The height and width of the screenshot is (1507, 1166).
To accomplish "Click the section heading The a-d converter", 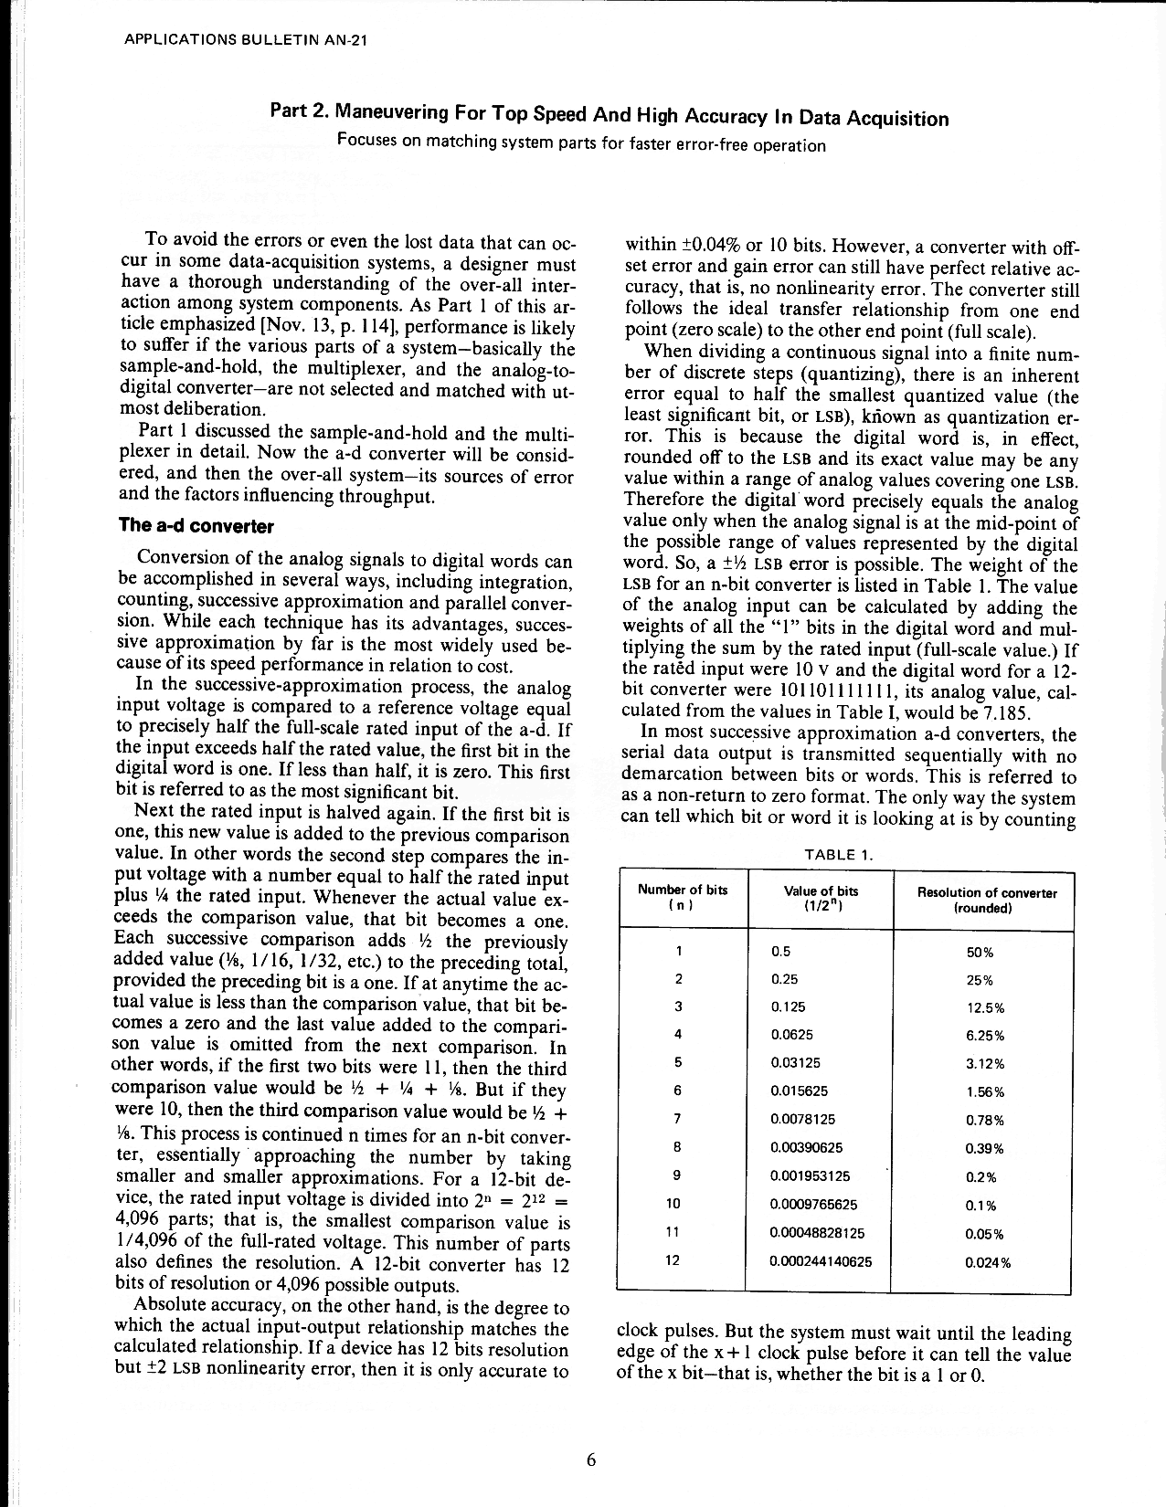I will pos(196,526).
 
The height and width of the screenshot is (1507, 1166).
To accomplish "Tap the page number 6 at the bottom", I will pos(591,1460).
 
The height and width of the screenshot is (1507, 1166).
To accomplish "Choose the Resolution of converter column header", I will pos(986,900).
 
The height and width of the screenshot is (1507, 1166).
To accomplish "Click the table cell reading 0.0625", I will pos(792,1035).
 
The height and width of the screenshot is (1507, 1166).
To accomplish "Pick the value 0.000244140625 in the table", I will pos(821,1262).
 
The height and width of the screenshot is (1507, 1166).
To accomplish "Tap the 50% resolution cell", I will pos(980,952).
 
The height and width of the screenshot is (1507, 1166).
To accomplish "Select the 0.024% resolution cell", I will pos(988,1263).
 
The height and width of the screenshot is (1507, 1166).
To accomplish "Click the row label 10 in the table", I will pos(675,1205).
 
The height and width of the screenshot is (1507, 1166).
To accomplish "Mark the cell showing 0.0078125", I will pos(803,1119).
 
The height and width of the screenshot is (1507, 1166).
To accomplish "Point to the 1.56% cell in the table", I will pos(985,1092).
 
